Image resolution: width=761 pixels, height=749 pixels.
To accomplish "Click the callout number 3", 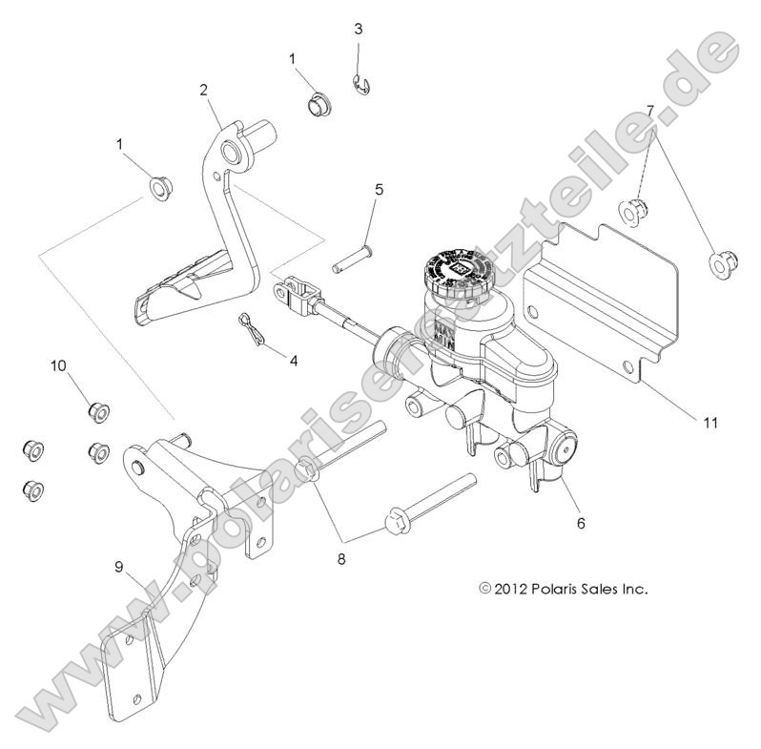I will pyautogui.click(x=359, y=29).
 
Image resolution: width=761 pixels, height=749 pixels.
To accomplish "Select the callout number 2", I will pyautogui.click(x=203, y=90).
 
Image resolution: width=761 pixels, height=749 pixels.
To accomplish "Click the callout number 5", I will pyautogui.click(x=379, y=190).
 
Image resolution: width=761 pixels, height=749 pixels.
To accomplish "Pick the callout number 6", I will pyautogui.click(x=580, y=522).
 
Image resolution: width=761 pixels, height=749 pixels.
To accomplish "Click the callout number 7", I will pyautogui.click(x=651, y=112).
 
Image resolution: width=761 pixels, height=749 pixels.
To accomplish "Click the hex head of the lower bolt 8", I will pyautogui.click(x=393, y=522).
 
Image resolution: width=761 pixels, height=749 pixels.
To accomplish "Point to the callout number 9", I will pyautogui.click(x=119, y=566).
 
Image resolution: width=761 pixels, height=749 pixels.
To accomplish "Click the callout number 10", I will pyautogui.click(x=58, y=365).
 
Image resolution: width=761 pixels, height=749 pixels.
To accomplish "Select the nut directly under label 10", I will pyautogui.click(x=95, y=412).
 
